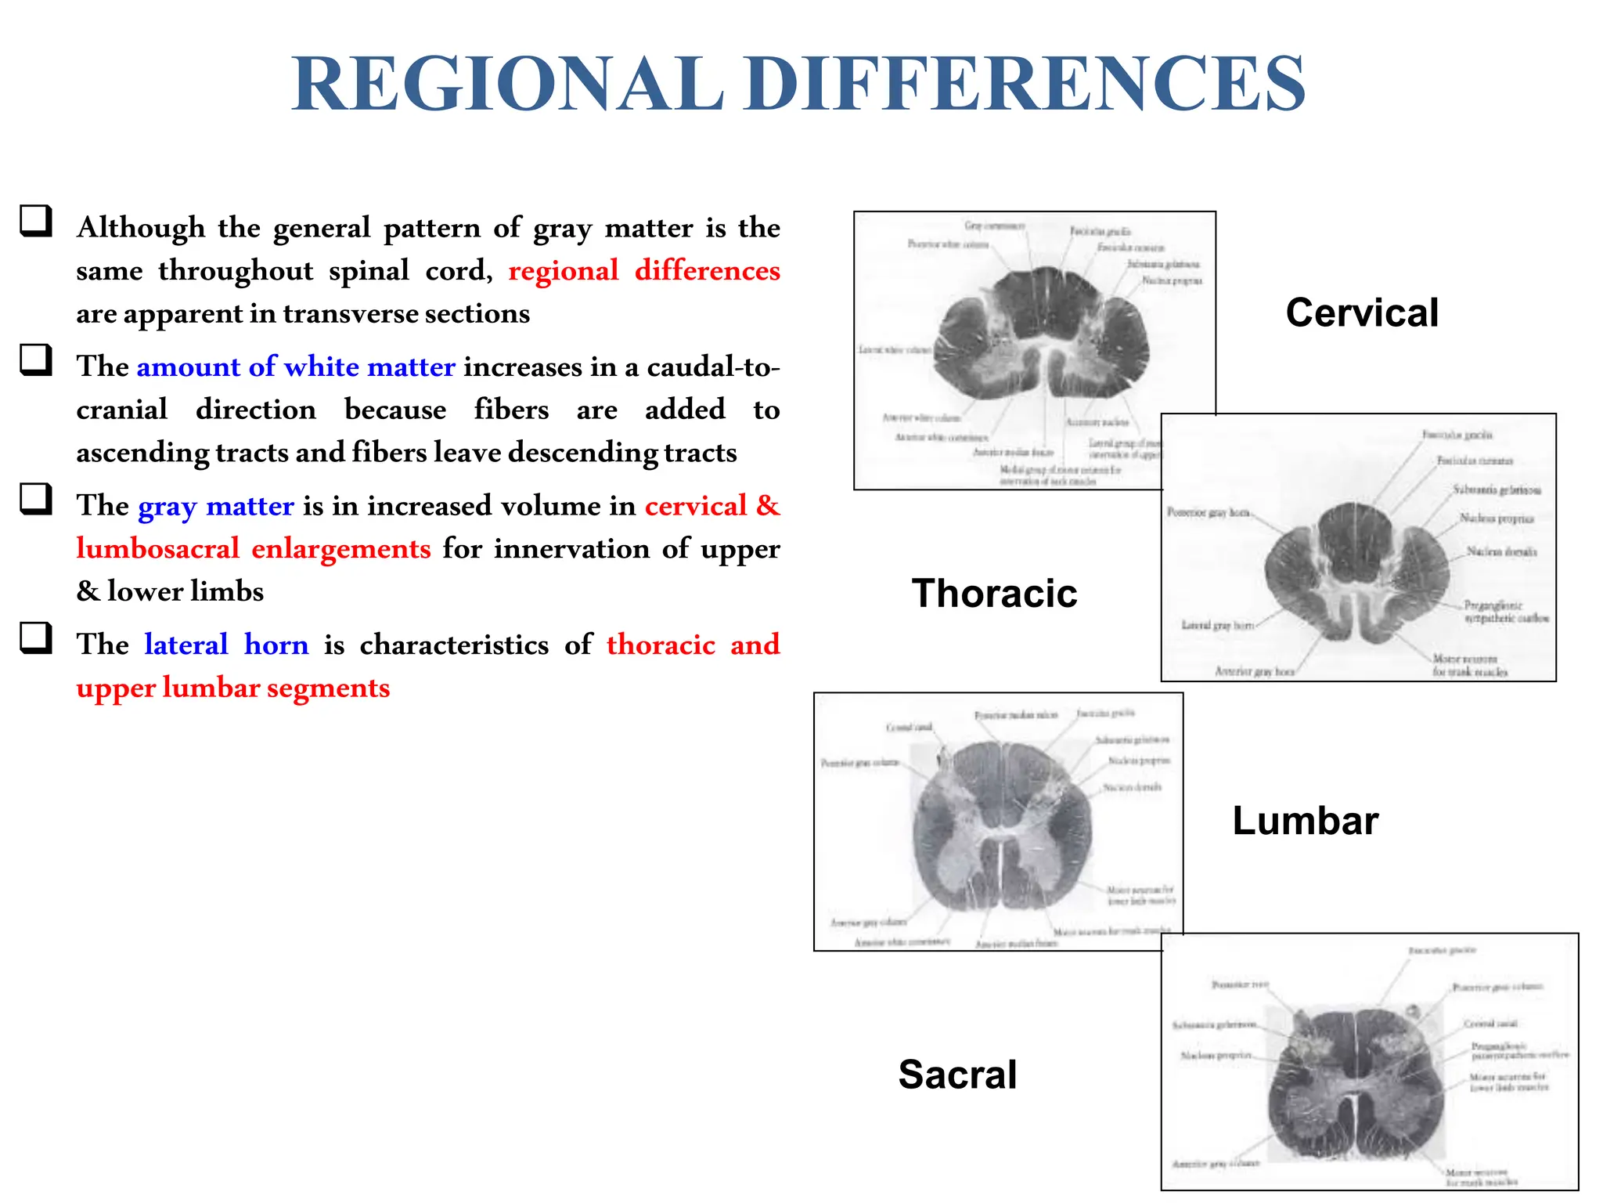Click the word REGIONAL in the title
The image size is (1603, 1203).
coord(507,85)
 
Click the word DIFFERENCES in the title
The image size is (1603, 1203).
coord(1025,85)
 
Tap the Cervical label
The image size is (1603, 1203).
coord(1362,313)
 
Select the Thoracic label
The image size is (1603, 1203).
coord(994,593)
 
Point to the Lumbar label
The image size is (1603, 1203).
coord(1305,821)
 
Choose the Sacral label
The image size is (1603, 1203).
coord(957,1074)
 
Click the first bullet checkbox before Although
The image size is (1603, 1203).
coord(36,221)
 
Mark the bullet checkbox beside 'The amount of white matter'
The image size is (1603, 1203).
coord(36,360)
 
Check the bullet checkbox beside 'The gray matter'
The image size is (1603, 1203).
coord(36,499)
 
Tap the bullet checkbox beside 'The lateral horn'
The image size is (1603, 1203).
coord(36,638)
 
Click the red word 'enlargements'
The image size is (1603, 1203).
coord(340,548)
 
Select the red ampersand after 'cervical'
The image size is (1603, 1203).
coord(768,505)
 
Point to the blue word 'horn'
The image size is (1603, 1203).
coord(276,644)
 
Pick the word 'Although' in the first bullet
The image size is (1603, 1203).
coord(141,227)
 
